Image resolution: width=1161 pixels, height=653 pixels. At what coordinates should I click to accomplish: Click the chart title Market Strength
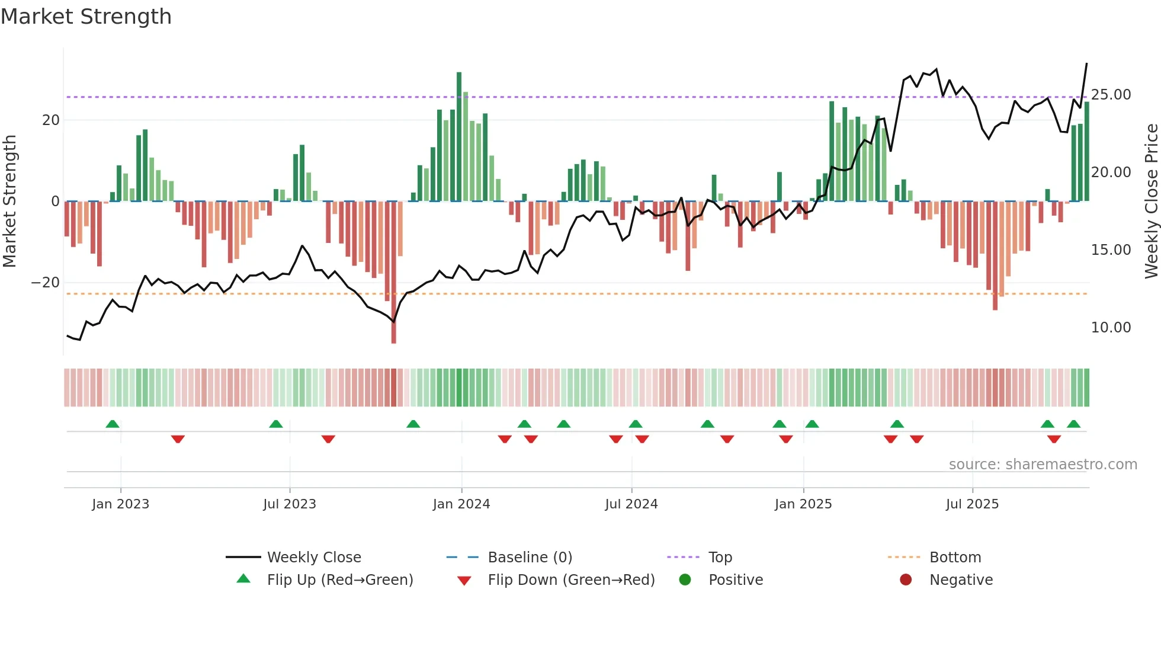pos(86,17)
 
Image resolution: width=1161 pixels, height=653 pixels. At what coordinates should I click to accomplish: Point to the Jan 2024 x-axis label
pos(461,504)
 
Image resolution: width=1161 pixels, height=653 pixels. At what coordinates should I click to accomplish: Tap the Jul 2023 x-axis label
pos(290,504)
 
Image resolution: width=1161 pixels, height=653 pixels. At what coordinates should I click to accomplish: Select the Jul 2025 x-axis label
pos(972,504)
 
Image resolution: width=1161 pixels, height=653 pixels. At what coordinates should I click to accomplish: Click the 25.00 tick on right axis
pos(1111,95)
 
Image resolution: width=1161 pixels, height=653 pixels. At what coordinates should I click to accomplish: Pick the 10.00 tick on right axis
pos(1111,328)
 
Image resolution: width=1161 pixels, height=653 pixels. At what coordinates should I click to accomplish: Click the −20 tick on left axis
pos(46,283)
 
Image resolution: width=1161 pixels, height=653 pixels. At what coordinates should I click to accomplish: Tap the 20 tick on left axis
pos(50,120)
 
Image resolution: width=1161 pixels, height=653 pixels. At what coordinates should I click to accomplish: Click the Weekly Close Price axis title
pos(1151,201)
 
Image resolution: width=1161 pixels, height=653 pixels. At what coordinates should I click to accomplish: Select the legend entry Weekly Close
pos(313,558)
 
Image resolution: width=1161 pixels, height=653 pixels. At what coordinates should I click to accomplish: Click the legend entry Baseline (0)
pos(530,558)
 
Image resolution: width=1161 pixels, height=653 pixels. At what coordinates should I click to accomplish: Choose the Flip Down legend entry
pos(571,580)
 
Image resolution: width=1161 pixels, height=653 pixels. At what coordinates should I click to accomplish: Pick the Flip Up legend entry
pos(339,580)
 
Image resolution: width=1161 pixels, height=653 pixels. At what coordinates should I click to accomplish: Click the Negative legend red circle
pos(906,580)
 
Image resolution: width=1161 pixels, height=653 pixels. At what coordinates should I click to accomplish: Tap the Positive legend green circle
pos(685,580)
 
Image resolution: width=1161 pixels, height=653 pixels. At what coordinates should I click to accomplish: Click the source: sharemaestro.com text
pos(1043,465)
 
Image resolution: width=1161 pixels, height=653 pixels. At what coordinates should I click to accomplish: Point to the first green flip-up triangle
pos(113,424)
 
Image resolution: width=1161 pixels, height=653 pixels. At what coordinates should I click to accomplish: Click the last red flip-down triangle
pos(1054,439)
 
